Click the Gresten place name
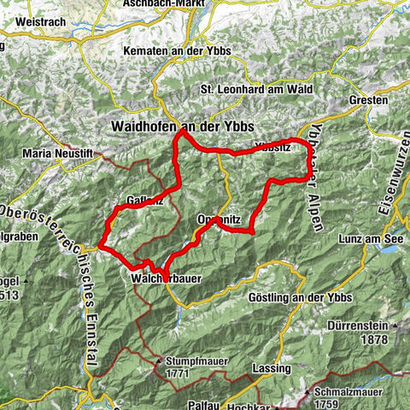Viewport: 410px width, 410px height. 369,99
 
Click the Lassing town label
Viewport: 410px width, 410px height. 272,368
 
